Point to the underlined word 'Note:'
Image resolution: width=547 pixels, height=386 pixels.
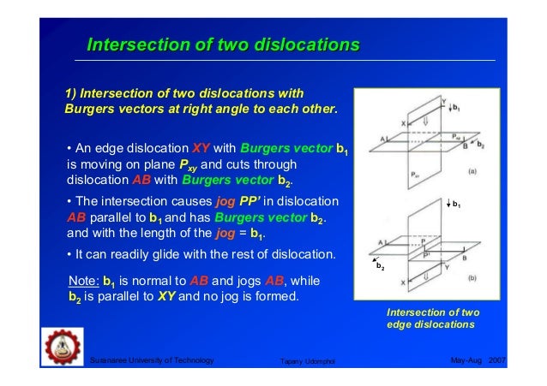(x=83, y=281)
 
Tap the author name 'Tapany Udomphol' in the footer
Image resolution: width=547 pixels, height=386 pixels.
(x=310, y=364)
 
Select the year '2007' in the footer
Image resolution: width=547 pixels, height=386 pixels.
(x=498, y=363)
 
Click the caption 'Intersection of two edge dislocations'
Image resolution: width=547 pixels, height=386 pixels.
(x=432, y=318)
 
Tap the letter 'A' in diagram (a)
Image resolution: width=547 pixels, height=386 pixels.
(x=382, y=138)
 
